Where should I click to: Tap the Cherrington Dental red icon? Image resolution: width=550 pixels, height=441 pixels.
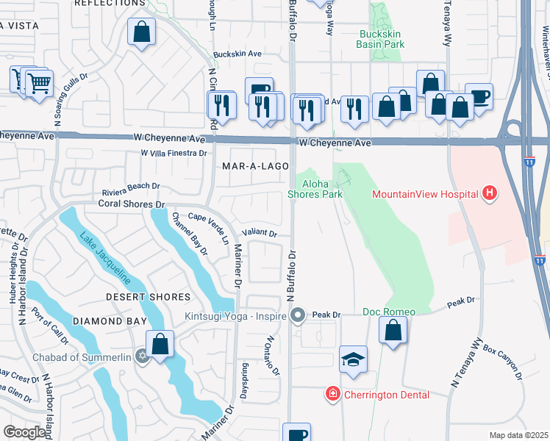coord(333,395)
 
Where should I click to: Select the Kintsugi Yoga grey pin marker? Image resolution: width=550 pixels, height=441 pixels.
coord(298,316)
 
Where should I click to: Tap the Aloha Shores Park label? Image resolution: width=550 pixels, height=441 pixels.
coord(320,189)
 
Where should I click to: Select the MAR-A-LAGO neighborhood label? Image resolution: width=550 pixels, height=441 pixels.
coord(253,167)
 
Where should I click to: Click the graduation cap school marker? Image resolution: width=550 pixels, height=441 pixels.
coord(353,360)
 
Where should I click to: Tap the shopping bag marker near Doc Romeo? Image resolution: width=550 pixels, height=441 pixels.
coord(393,331)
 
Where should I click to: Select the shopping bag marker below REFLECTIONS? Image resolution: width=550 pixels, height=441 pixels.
coord(141,33)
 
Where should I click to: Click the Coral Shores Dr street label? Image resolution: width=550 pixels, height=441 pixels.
coord(129,204)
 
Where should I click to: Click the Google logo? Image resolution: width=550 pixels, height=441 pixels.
coord(24,432)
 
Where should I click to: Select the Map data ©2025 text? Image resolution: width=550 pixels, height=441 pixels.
coord(518,435)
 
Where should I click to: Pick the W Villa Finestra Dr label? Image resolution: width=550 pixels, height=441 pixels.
coord(174,153)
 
